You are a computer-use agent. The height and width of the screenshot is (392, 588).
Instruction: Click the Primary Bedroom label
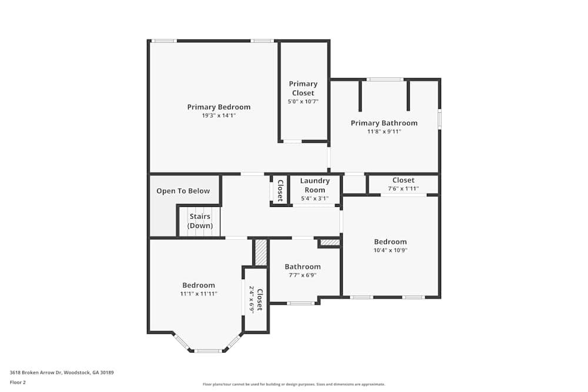[x=219, y=107]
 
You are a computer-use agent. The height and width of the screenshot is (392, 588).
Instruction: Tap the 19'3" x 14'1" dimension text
[x=219, y=116]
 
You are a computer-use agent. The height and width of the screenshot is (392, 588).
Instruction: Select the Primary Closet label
[x=303, y=88]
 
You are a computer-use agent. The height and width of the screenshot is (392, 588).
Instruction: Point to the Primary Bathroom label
[x=384, y=123]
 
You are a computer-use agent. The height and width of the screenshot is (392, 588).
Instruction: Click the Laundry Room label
[x=315, y=185]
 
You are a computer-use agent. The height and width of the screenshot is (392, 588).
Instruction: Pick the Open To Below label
[x=183, y=191]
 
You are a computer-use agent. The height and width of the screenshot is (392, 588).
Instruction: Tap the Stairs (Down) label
[x=199, y=221]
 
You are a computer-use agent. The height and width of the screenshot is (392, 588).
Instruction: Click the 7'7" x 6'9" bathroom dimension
[x=303, y=275]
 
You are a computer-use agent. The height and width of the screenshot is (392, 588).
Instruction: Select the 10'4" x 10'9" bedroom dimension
[x=390, y=250]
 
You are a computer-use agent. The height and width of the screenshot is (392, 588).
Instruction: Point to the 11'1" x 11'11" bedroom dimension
[x=199, y=294]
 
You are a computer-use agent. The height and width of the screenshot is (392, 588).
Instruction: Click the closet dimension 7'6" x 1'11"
[x=403, y=189]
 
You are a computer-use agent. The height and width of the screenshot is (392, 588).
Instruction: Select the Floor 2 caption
[x=18, y=382]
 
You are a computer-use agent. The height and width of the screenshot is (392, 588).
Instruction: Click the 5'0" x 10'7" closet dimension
[x=303, y=102]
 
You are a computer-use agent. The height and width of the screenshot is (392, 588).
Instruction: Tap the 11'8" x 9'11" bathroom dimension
[x=384, y=132]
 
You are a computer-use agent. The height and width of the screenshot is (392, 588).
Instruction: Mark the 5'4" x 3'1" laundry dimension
[x=315, y=198]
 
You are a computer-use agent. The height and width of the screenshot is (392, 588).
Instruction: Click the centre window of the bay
[x=208, y=351]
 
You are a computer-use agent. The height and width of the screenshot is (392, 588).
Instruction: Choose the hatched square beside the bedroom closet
[x=261, y=252]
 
